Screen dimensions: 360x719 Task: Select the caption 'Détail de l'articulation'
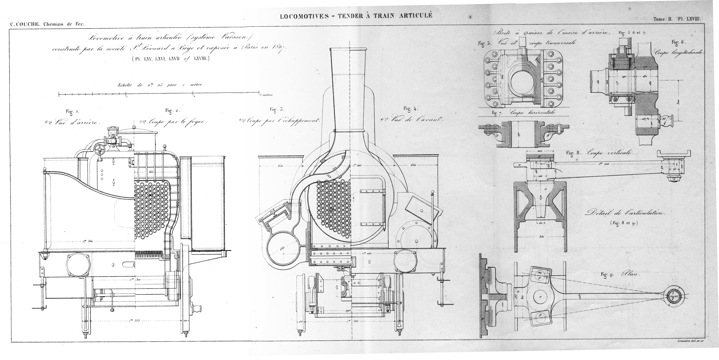pyautogui.click(x=625, y=213)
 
